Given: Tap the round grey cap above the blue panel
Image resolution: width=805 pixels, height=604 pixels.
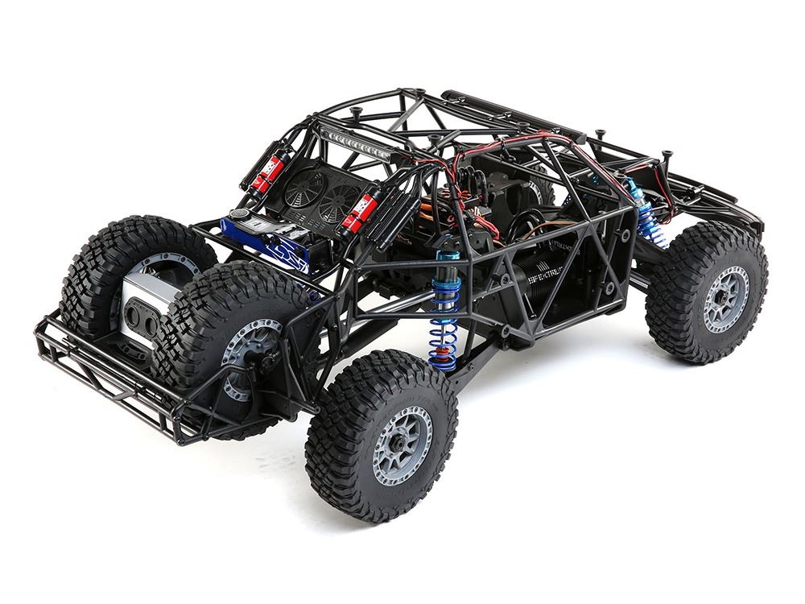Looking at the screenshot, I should pyautogui.click(x=240, y=215).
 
